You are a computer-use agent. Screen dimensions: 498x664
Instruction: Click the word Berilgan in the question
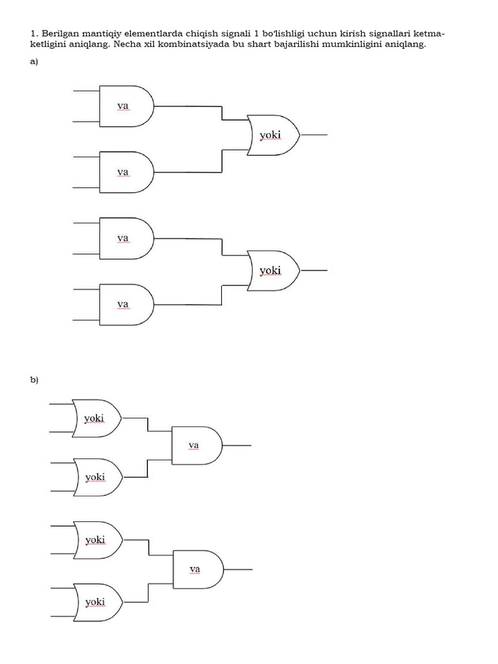coord(60,34)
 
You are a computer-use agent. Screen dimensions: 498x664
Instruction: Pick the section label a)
coord(34,62)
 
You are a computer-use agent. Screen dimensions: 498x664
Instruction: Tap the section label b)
coord(34,380)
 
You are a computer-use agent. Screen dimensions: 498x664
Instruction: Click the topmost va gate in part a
coord(126,106)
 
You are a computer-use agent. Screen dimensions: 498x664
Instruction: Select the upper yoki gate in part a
coord(274,135)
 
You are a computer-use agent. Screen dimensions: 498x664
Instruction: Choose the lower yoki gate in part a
coord(274,270)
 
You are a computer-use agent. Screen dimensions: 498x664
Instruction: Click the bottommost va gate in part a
coord(126,305)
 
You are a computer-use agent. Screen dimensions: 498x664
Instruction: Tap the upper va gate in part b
coord(197,445)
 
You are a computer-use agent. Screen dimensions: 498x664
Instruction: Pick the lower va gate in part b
coord(198,569)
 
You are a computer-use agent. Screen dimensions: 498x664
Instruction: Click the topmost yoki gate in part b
coord(97,418)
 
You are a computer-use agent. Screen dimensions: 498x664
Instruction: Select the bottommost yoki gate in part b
coord(99,602)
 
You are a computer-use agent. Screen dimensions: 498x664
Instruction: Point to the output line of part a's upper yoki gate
coord(314,135)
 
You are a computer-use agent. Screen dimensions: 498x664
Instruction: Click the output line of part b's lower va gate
coord(238,569)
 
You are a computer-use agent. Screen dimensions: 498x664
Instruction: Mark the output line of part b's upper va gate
coord(237,445)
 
